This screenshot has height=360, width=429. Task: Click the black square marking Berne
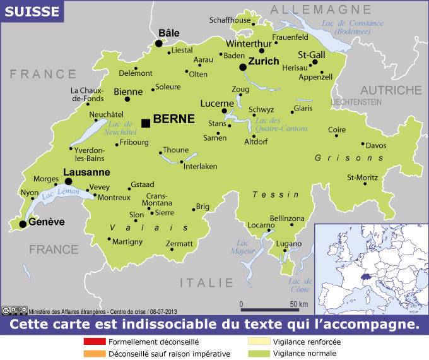pos(146,123)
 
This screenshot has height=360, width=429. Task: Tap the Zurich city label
pos(263,62)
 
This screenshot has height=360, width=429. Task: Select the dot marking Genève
pos(23,224)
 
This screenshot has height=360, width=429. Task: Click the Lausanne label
pos(86,172)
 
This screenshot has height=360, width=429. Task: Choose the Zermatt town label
pos(179,244)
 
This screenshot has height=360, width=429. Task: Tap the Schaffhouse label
pos(230,20)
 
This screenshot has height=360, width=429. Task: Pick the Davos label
pos(376,145)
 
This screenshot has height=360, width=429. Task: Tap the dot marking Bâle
pos(158,44)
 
